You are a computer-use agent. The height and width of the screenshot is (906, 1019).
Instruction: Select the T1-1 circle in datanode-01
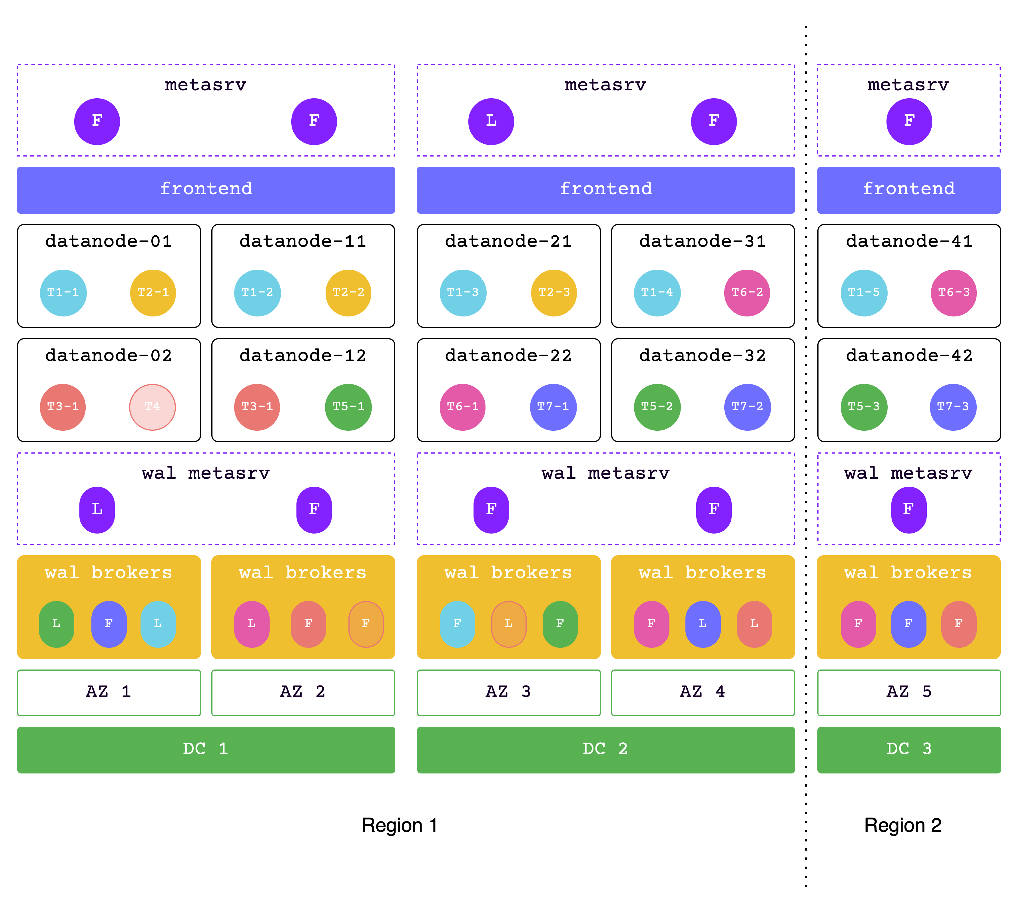(x=63, y=293)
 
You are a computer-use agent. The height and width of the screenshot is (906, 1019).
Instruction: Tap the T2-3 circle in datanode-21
(x=554, y=293)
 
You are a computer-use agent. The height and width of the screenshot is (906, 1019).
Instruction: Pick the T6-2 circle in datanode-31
(x=747, y=293)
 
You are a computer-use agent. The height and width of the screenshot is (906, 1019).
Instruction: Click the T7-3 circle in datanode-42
(x=953, y=407)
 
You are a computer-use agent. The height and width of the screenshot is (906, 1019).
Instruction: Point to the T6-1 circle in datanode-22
(x=463, y=407)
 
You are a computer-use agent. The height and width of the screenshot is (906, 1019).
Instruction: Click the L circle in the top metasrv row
(x=491, y=121)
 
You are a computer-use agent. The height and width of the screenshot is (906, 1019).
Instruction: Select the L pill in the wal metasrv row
(x=97, y=510)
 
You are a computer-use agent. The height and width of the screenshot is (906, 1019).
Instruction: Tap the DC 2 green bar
(x=606, y=749)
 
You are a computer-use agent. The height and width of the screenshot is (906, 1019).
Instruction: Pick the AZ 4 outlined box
(x=703, y=693)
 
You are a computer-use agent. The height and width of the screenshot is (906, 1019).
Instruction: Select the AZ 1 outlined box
(x=109, y=693)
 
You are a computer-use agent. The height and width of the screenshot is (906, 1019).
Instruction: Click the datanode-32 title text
(x=703, y=356)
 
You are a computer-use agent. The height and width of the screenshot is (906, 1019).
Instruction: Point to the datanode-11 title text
(x=303, y=241)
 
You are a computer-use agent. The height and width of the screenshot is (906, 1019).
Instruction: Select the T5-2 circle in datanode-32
(x=657, y=407)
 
